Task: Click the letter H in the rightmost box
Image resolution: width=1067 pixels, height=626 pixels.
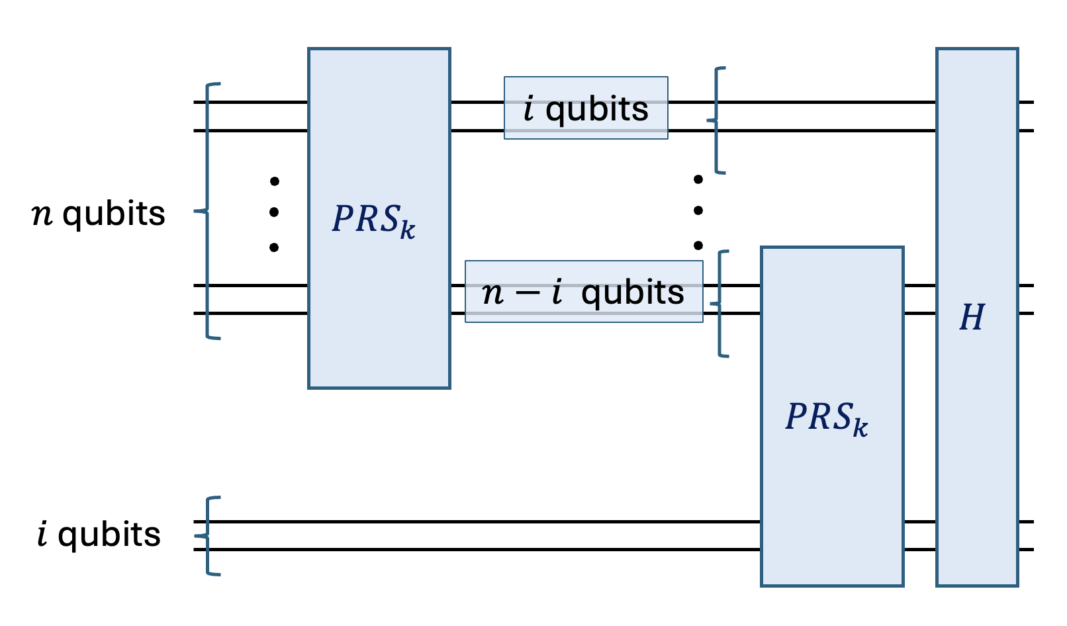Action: [x=972, y=318]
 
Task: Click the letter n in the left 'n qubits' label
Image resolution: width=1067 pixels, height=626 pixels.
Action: [x=42, y=215]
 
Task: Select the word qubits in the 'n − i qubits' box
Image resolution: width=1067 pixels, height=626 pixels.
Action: [x=632, y=292]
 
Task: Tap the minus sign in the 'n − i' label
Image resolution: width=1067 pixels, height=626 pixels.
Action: [x=528, y=293]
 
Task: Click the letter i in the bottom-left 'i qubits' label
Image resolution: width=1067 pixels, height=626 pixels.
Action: [x=42, y=534]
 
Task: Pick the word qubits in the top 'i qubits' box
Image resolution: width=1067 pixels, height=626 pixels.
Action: [x=596, y=109]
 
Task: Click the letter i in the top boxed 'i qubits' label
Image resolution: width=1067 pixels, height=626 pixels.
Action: [x=528, y=109]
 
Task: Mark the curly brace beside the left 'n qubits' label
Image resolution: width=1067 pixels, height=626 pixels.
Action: [x=207, y=211]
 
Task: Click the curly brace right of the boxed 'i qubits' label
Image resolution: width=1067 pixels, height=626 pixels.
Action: [x=716, y=120]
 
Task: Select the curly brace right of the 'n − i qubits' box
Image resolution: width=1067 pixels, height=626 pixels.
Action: [x=720, y=304]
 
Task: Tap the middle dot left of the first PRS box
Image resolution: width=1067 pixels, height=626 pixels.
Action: [x=274, y=212]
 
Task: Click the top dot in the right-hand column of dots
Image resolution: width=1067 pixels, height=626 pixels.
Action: [x=698, y=179]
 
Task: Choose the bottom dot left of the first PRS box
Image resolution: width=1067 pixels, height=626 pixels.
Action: [x=274, y=247]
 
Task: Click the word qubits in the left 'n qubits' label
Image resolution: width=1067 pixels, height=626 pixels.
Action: [x=113, y=214]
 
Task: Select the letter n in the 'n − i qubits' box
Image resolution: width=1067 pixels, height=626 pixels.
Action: [x=492, y=293]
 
